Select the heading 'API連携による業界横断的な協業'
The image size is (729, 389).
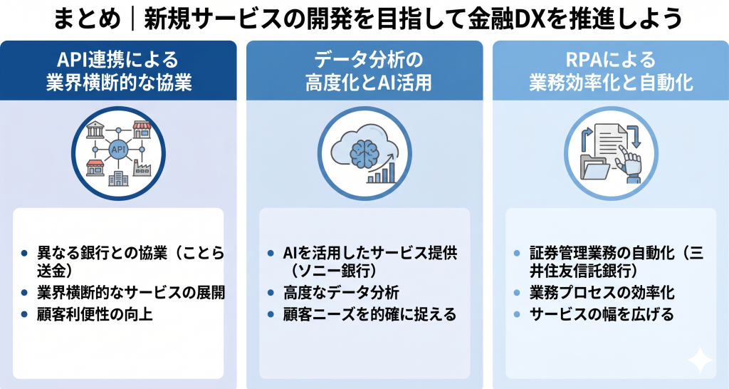coord(118,71)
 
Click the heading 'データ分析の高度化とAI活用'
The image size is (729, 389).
coord(364,71)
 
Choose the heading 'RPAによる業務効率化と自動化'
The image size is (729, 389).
coord(611,71)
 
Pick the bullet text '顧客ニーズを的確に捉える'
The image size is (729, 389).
coord(370,313)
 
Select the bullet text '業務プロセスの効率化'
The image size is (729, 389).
coord(602,293)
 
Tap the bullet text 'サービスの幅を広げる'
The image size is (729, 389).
coord(602,313)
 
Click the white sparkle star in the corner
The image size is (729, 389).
coord(701,361)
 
